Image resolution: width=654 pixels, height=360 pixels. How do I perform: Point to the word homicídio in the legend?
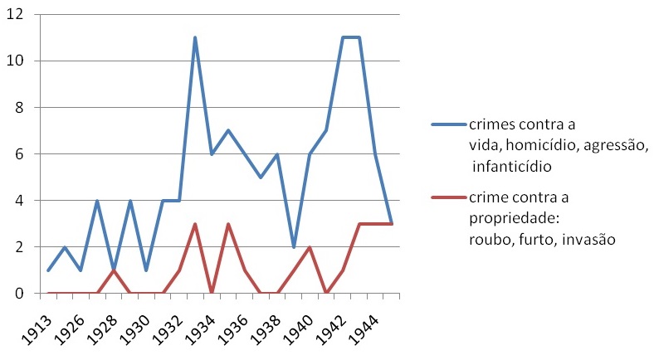[535, 145]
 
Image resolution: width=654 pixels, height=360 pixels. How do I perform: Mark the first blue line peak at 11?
[194, 37]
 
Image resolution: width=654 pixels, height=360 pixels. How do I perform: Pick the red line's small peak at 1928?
[114, 270]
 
